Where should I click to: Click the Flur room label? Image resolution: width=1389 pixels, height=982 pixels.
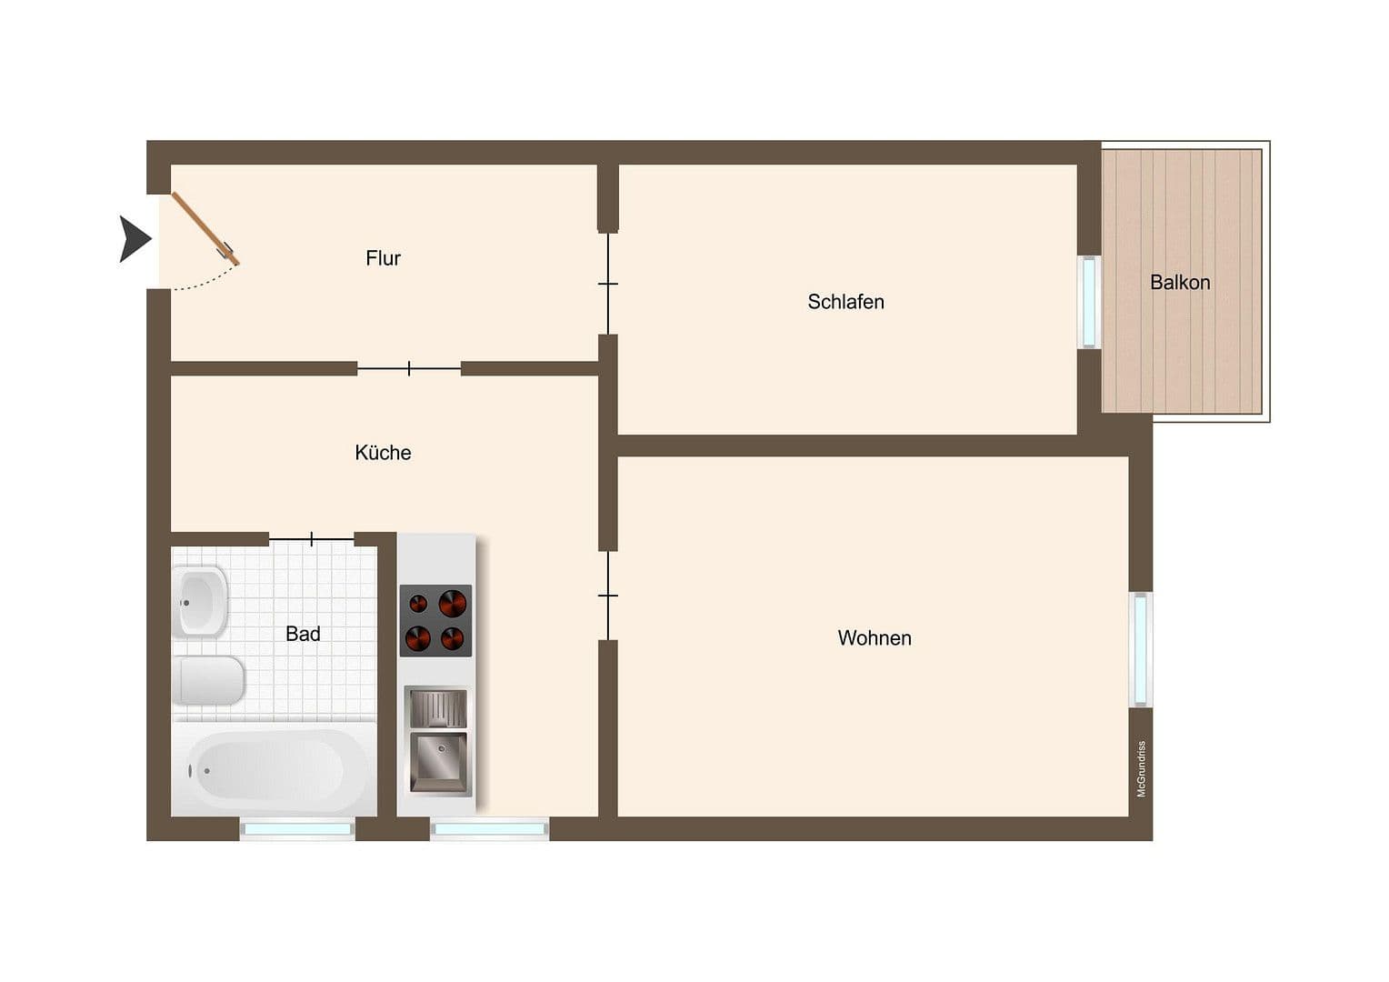coord(383,258)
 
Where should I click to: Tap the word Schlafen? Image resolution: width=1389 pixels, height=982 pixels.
coord(845,302)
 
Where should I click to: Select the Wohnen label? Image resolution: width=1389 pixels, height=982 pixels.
coord(874,638)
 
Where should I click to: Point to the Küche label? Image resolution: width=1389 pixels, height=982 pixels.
coord(383,453)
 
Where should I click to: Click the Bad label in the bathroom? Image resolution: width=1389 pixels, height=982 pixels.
coord(303,634)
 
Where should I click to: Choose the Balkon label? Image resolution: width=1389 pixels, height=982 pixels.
coord(1180,283)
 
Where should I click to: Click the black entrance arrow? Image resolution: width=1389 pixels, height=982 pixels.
coord(135,239)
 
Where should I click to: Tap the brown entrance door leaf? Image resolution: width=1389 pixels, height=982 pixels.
coord(205,228)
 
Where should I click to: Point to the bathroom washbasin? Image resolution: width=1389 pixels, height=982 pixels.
coord(200,601)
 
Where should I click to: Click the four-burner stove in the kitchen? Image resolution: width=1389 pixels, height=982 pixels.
coord(435,620)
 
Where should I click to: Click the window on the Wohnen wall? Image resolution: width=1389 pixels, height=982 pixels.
coord(1140,649)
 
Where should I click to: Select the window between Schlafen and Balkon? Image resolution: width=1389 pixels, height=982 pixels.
coord(1088,303)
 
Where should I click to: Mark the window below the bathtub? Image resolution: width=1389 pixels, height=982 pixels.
coord(297,828)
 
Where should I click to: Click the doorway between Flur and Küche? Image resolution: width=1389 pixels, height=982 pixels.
coord(409,368)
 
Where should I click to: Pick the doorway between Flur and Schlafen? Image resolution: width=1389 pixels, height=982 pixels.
coord(608,284)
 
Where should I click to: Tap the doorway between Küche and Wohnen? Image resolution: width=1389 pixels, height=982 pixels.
coord(608,596)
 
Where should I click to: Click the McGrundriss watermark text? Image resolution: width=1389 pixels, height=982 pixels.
coord(1142,769)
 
